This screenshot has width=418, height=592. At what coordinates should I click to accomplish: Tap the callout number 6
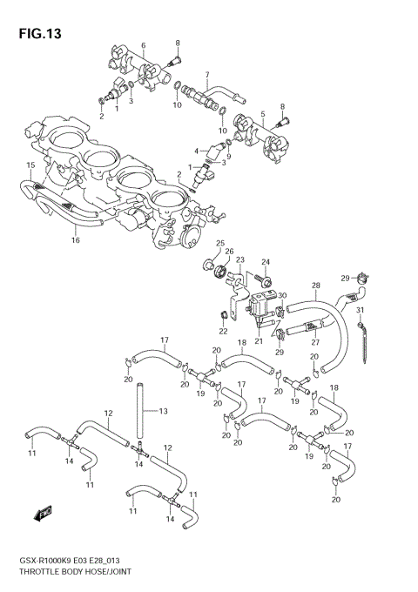[144, 45]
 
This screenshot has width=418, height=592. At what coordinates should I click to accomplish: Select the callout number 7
[206, 75]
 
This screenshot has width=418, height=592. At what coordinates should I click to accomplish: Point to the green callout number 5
[262, 114]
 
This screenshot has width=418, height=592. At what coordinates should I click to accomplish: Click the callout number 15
[30, 165]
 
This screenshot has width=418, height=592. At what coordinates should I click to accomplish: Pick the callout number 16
[76, 239]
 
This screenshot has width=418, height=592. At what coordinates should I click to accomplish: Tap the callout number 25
[219, 243]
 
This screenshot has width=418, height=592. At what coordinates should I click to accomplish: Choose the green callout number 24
[267, 261]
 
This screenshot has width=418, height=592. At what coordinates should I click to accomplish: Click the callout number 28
[316, 286]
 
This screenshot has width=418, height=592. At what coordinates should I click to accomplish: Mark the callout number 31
[360, 312]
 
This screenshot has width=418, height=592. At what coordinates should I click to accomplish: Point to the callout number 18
[242, 343]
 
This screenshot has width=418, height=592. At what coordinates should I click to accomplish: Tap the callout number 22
[223, 331]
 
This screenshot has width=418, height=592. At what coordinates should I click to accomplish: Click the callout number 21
[259, 341]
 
